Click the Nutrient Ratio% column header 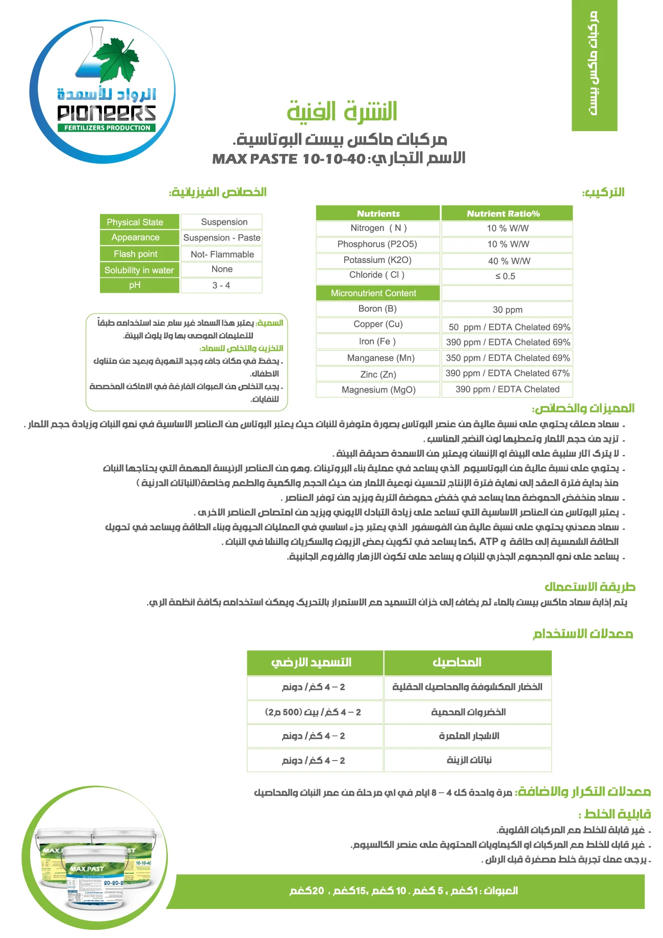pyautogui.click(x=506, y=214)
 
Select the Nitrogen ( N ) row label pyautogui.click(x=378, y=228)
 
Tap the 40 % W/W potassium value pyautogui.click(x=508, y=261)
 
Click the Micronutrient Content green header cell pyautogui.click(x=377, y=293)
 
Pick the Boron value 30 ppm pyautogui.click(x=507, y=310)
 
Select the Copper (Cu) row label pyautogui.click(x=378, y=324)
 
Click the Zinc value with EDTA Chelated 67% pyautogui.click(x=507, y=374)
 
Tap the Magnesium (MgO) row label pyautogui.click(x=378, y=390)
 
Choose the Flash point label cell pyautogui.click(x=139, y=254)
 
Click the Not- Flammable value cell pyautogui.click(x=222, y=254)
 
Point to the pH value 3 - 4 pyautogui.click(x=221, y=285)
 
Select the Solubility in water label pyautogui.click(x=139, y=270)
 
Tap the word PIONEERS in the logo pyautogui.click(x=106, y=113)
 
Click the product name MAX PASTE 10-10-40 pyautogui.click(x=289, y=159)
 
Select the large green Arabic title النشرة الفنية pyautogui.click(x=342, y=112)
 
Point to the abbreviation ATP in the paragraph pyautogui.click(x=488, y=541)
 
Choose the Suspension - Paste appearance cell pyautogui.click(x=222, y=238)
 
